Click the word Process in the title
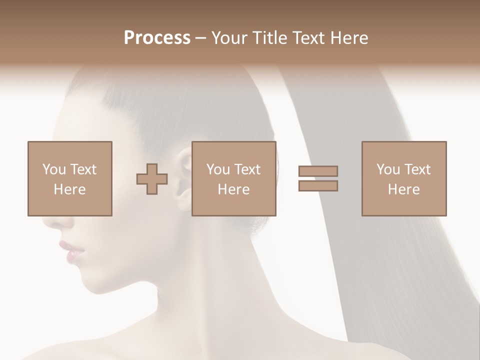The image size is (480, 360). pyautogui.click(x=157, y=38)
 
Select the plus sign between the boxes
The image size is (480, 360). pyautogui.click(x=152, y=179)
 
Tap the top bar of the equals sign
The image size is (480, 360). pyautogui.click(x=318, y=171)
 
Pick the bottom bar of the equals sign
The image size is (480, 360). pyautogui.click(x=318, y=186)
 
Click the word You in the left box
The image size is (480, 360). pyautogui.click(x=54, y=169)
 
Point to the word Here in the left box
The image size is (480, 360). pyautogui.click(x=69, y=189)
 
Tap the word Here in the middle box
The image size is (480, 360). pyautogui.click(x=233, y=189)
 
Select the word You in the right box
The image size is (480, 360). pyautogui.click(x=388, y=169)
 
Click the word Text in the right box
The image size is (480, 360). pyautogui.click(x=417, y=169)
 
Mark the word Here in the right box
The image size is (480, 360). pyautogui.click(x=403, y=189)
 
